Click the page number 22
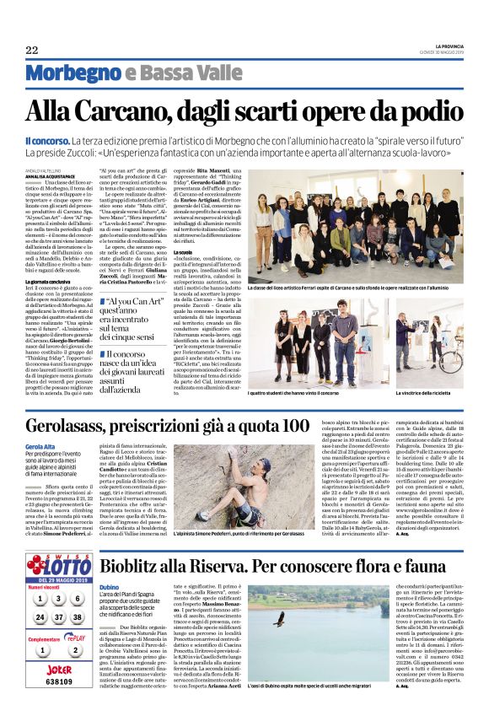tap(32, 51)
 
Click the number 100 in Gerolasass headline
tap(294, 426)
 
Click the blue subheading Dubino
tap(109, 563)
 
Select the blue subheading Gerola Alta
tap(40, 447)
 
